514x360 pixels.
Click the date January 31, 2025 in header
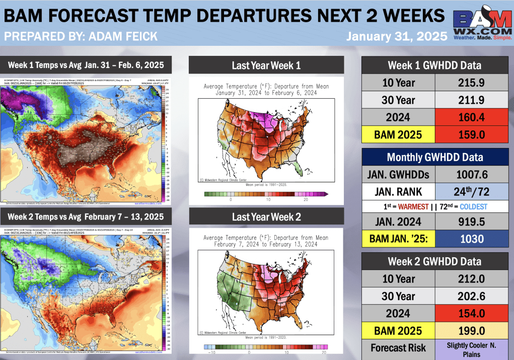pyautogui.click(x=396, y=36)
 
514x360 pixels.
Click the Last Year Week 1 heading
pyautogui.click(x=266, y=65)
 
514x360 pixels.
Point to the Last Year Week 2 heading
pyautogui.click(x=266, y=217)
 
